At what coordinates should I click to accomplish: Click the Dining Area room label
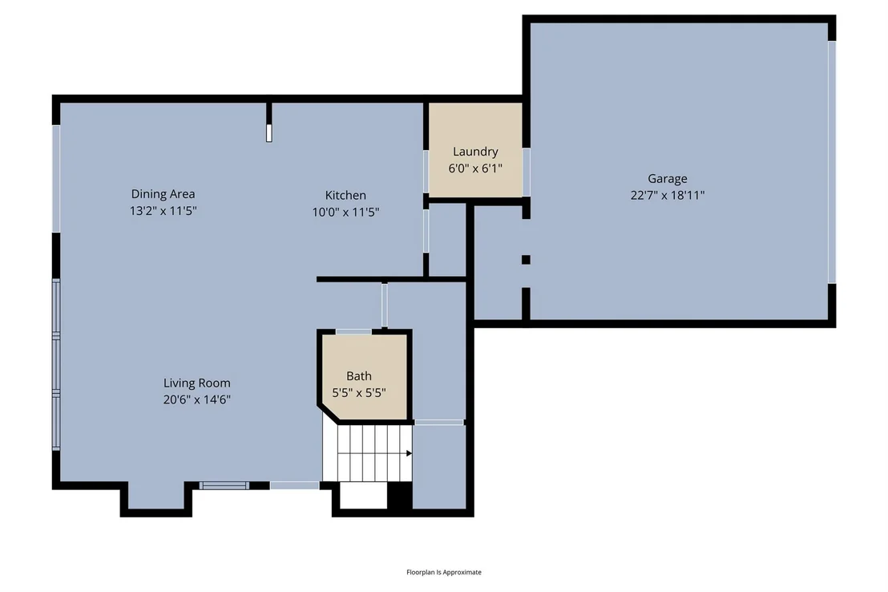tap(163, 194)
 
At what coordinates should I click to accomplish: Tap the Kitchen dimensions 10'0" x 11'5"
tap(345, 212)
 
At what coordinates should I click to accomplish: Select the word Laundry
tap(475, 152)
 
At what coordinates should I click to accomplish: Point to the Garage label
tap(668, 179)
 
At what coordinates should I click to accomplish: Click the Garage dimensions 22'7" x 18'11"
tap(668, 196)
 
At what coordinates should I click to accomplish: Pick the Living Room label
tap(197, 383)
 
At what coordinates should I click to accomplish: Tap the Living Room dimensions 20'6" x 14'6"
tap(197, 399)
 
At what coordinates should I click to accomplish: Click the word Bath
tap(359, 376)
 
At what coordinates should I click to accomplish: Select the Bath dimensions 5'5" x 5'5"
tap(359, 392)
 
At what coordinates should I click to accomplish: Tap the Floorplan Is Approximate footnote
tap(444, 572)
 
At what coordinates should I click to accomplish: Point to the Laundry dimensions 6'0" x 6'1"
tap(475, 168)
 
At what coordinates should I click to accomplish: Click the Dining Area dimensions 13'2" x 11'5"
tap(163, 211)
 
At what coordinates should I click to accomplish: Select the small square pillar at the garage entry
tap(526, 260)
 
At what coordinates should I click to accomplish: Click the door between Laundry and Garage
tap(526, 172)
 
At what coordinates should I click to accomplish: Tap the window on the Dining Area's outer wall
tap(56, 178)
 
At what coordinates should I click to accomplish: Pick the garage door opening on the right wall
tap(832, 162)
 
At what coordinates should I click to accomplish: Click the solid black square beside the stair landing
tap(400, 496)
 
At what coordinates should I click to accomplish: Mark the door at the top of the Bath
tap(354, 332)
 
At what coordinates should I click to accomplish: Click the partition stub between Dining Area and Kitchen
tap(269, 122)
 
